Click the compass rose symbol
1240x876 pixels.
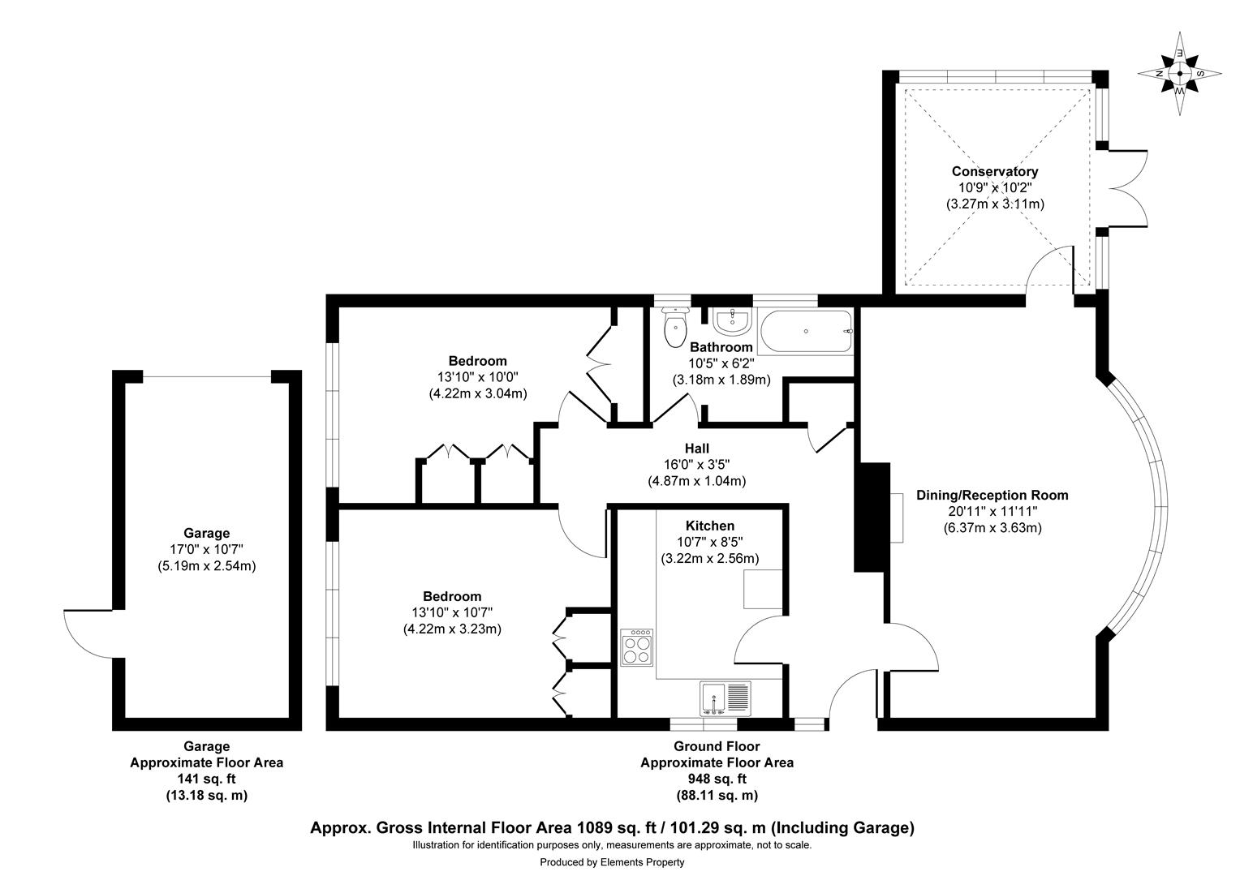[1179, 73]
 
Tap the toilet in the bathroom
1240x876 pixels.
[674, 327]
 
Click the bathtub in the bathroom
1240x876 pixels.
[805, 332]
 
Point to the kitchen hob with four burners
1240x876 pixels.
[637, 647]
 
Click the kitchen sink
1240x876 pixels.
[725, 698]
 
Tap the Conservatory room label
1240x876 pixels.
[994, 172]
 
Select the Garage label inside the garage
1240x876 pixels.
[206, 534]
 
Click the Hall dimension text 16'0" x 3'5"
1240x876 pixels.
[696, 465]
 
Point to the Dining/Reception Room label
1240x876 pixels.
[992, 495]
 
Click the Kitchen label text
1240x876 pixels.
[709, 526]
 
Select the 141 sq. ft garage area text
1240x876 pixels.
[206, 779]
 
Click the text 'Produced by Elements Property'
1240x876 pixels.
[612, 862]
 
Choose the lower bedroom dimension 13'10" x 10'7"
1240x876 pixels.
[452, 612]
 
